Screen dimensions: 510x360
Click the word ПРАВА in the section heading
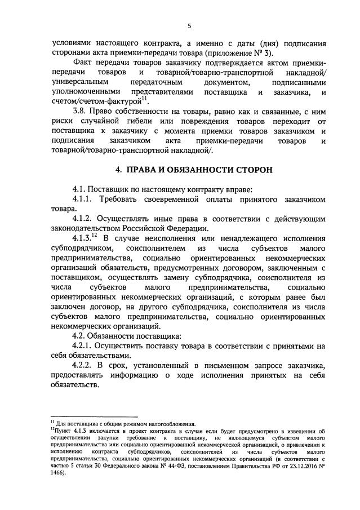148,169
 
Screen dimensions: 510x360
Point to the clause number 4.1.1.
86,199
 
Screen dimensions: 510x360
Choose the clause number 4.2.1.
86,345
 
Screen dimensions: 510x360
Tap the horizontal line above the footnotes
90,416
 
